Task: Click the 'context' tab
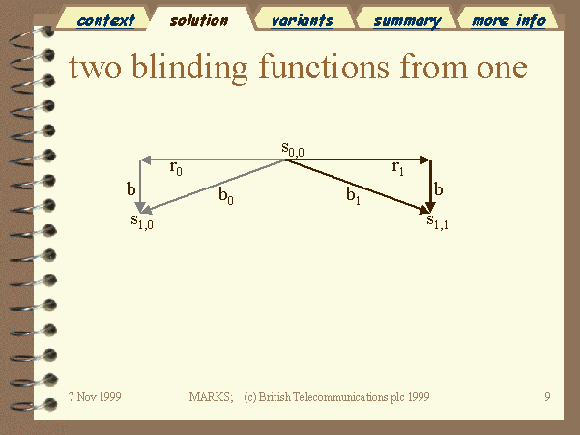point(105,20)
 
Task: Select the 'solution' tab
point(199,20)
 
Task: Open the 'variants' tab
point(303,20)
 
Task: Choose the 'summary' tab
point(407,21)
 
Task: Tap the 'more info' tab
point(508,20)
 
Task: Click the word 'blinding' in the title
point(189,69)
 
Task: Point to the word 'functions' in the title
point(324,67)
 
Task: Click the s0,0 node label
point(293,149)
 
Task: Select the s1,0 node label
point(142,221)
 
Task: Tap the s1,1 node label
point(437,221)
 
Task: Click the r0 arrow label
point(176,168)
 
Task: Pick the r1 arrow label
point(397,168)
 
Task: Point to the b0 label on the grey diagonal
point(225,195)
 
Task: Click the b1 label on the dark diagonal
point(353,195)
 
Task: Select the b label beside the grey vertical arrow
point(130,189)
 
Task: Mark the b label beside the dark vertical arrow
point(438,189)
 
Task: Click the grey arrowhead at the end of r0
point(145,160)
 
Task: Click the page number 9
point(547,397)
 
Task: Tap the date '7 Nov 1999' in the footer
point(95,397)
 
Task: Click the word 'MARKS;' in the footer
point(211,397)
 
